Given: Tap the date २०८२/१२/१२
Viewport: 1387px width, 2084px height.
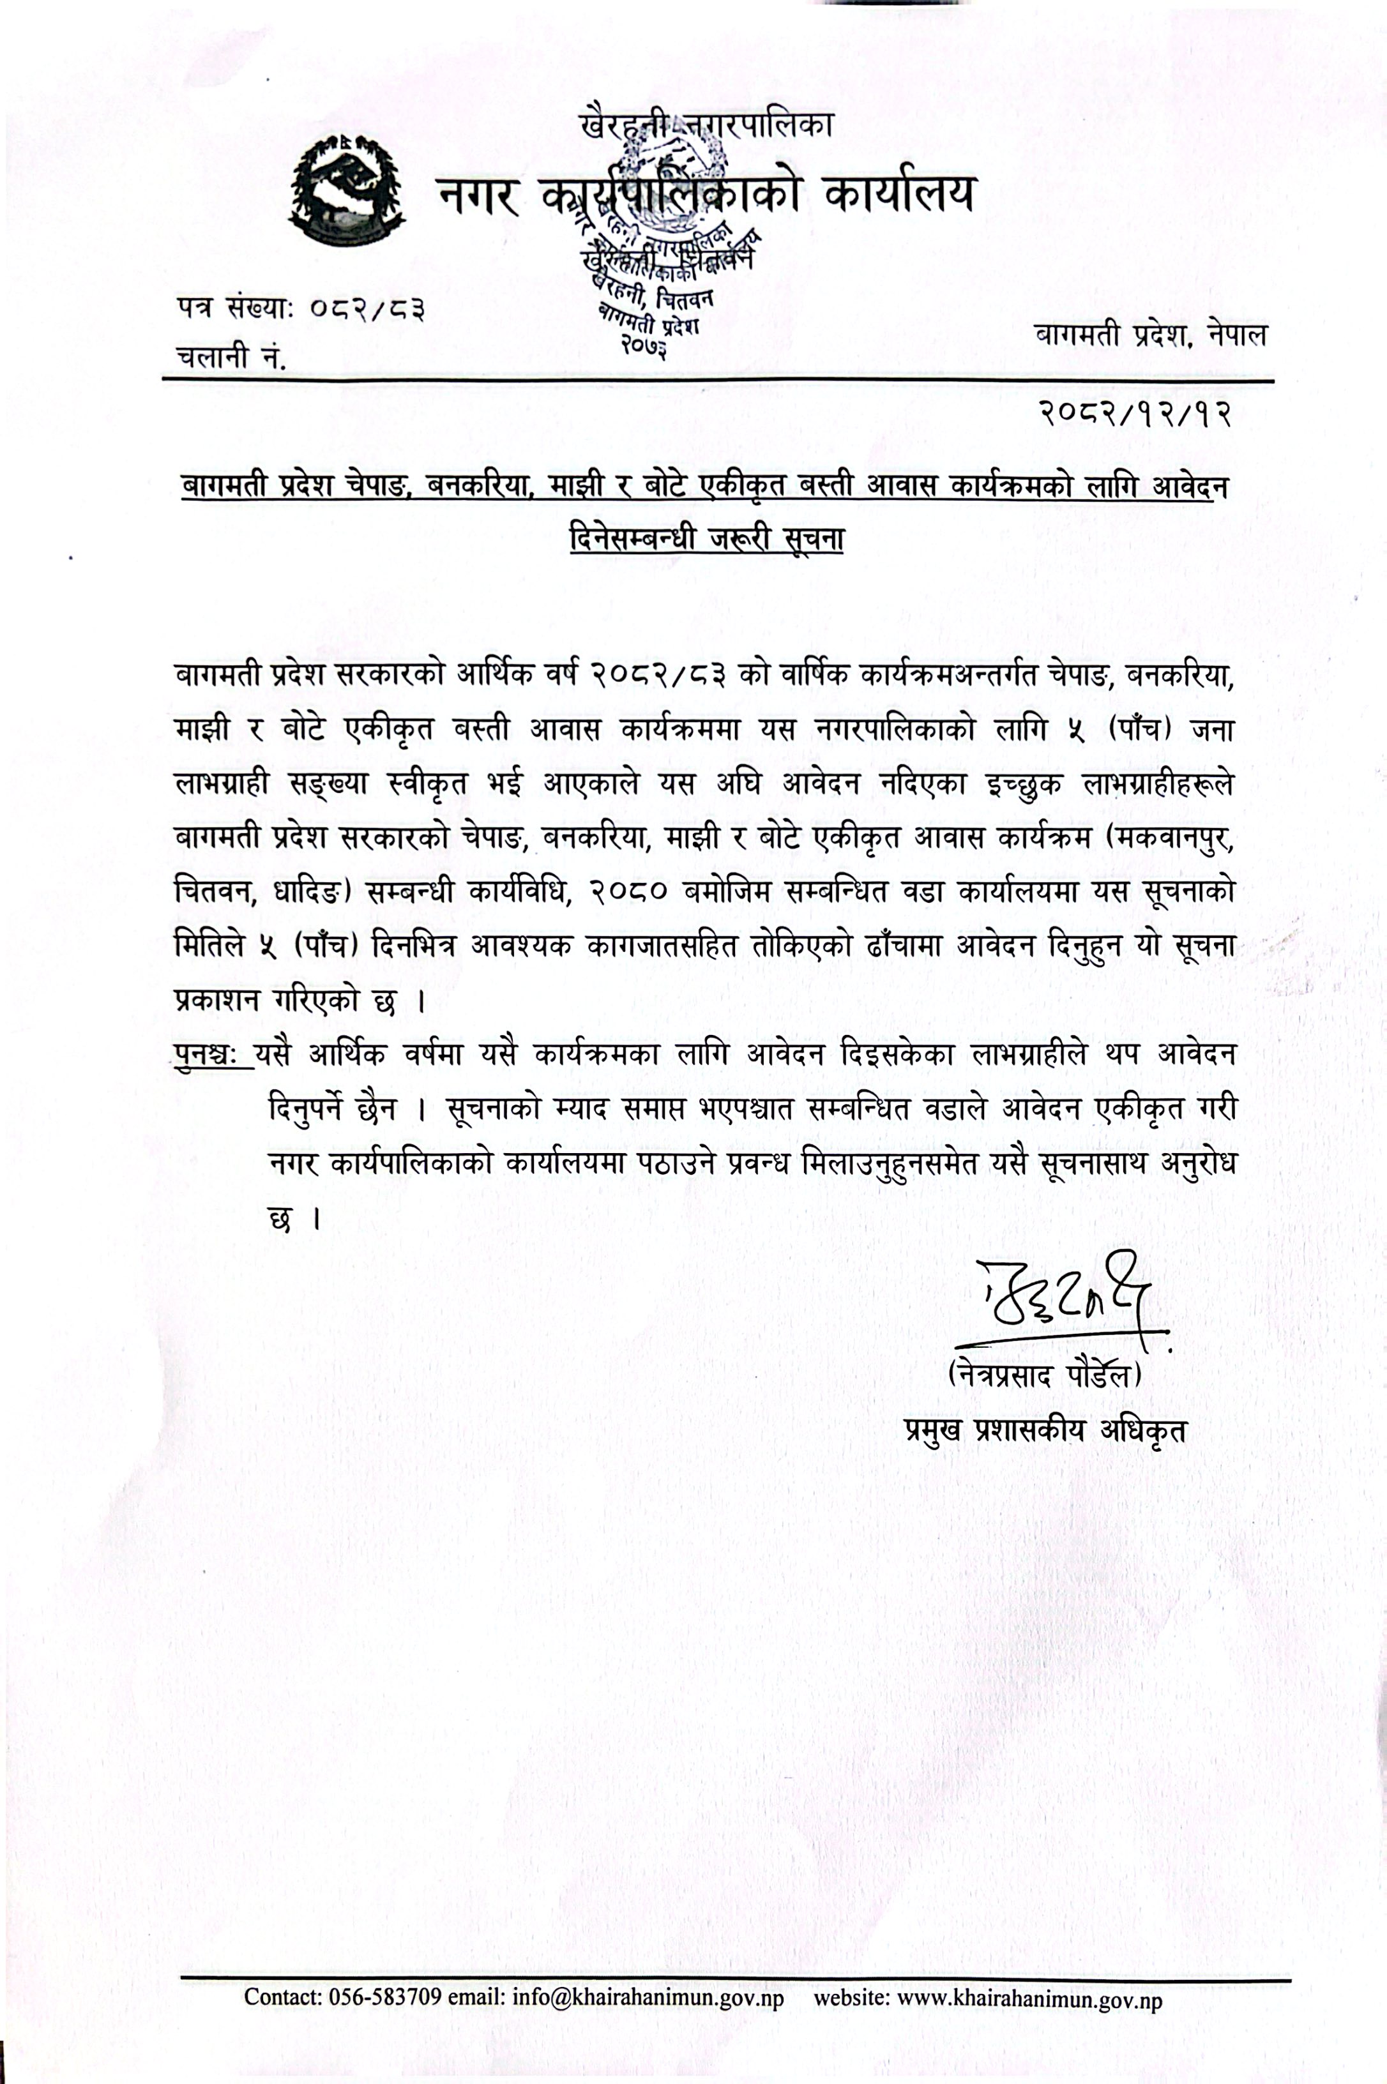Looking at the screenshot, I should [x=1134, y=413].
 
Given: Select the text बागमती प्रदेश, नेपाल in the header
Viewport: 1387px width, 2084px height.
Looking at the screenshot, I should [x=1150, y=336].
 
